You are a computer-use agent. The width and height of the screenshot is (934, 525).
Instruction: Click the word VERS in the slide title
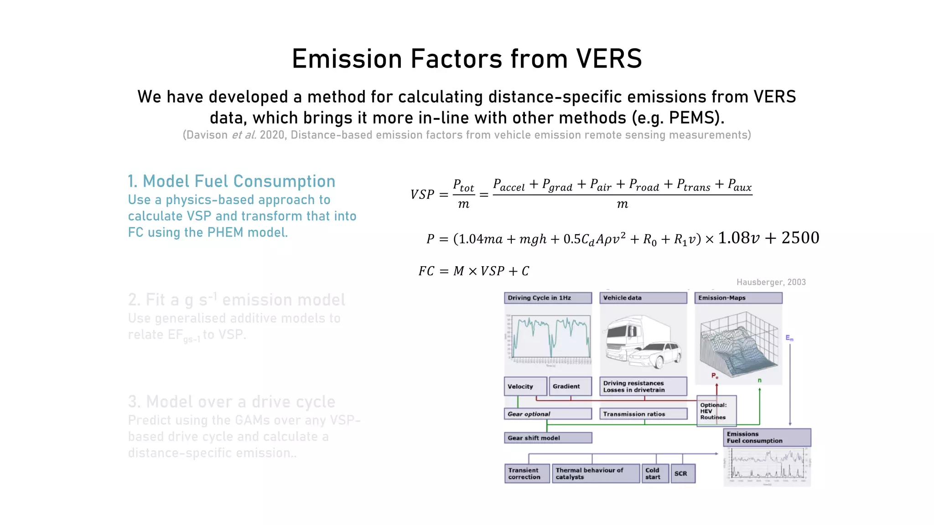tap(609, 59)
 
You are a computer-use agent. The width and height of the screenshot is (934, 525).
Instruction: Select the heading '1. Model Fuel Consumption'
tap(231, 181)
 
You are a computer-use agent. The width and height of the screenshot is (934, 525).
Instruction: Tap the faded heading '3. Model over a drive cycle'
tap(231, 402)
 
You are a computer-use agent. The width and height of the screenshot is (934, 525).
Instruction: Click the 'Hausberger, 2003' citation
tap(771, 282)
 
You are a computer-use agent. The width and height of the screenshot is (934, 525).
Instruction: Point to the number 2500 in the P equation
tap(800, 238)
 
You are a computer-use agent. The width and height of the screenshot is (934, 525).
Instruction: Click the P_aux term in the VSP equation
tap(739, 185)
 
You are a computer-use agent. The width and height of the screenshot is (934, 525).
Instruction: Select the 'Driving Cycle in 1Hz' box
tap(548, 298)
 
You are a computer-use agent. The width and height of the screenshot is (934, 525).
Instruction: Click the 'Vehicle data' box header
tap(643, 298)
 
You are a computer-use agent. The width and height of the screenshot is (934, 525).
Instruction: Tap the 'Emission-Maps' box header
tap(738, 298)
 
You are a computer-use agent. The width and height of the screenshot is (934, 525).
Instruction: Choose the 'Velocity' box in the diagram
tap(525, 386)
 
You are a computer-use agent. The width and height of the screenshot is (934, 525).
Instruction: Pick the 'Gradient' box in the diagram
tap(570, 386)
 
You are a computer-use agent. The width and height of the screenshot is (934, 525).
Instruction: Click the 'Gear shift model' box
tap(548, 438)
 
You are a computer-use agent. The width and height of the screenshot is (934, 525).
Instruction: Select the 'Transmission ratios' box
tap(643, 414)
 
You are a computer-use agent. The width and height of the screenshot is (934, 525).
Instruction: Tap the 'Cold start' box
tap(655, 474)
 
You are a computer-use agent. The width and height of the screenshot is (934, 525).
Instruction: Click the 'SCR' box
tap(682, 474)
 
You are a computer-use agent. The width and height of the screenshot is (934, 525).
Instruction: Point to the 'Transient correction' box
tap(527, 474)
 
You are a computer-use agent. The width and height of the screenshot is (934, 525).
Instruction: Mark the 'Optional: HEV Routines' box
tap(716, 411)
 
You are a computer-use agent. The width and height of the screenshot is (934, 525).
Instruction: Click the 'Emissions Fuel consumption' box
tap(767, 437)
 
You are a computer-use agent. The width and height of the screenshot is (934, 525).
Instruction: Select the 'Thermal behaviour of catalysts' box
tap(595, 474)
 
